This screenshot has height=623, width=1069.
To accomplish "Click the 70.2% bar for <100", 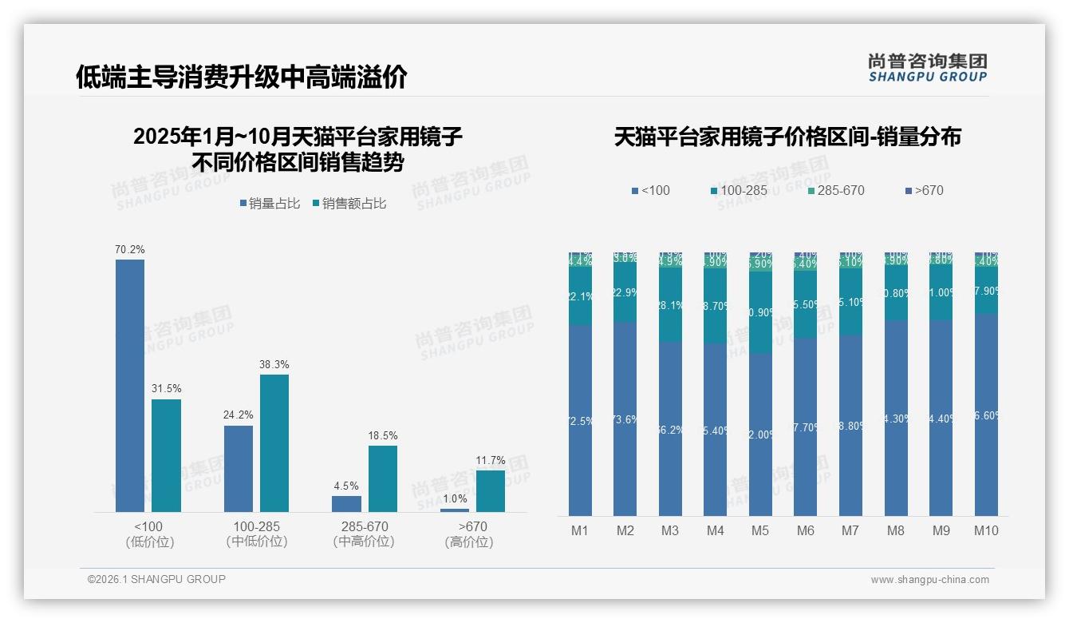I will point(130,386).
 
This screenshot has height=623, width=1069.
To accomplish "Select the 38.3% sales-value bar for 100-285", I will point(274,443).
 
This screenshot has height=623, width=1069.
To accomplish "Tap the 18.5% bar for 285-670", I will point(383,478).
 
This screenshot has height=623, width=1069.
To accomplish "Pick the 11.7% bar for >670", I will point(491,491).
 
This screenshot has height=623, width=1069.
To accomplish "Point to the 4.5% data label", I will point(346,486).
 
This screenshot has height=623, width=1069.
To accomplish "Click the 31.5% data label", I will point(167,388).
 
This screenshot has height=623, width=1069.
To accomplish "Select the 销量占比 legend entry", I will point(270,204).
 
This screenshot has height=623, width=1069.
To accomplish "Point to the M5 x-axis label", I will point(760,530).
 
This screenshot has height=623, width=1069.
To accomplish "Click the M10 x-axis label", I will point(986,530).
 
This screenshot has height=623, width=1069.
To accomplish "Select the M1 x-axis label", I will point(580,530).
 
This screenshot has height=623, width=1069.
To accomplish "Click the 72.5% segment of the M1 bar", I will point(580,420).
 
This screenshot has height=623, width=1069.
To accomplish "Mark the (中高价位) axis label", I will point(364,542).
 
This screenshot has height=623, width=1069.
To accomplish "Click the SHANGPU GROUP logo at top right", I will point(927,67).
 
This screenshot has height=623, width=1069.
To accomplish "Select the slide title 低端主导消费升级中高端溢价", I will point(242,77).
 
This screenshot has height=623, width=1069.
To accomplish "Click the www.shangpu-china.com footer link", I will point(929,580).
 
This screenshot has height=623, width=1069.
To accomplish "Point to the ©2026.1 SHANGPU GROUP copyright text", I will point(156,579).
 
